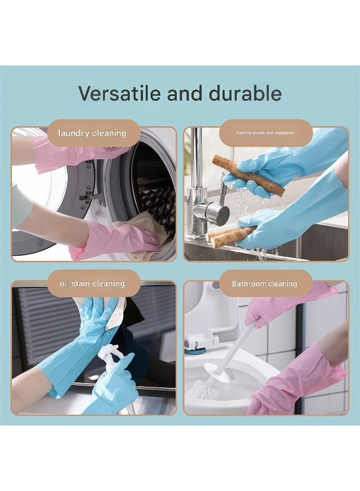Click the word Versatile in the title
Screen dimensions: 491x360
pos(119,93)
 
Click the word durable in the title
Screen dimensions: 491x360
pos(245,93)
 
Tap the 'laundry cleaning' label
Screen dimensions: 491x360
pos(92,133)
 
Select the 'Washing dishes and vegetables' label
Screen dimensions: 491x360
pos(265,133)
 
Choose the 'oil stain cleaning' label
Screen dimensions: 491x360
pos(92,284)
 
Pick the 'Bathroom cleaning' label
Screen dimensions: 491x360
pos(265,284)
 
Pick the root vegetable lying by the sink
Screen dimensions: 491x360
pos(229,236)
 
